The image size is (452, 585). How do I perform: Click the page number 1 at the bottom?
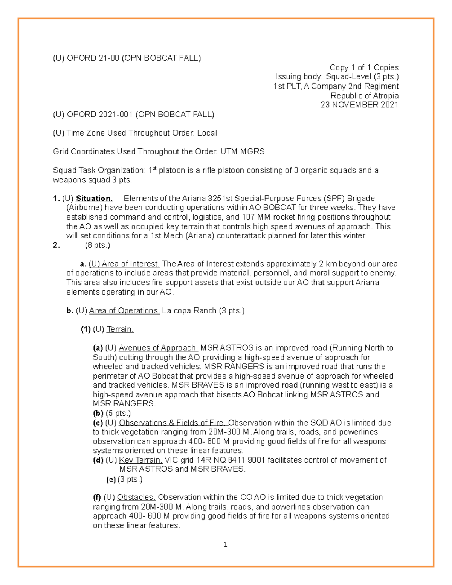pos(225,544)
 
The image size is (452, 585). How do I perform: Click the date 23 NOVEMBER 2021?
pos(359,105)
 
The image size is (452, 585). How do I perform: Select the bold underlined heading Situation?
pos(94,199)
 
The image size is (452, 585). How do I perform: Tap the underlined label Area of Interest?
pos(124,264)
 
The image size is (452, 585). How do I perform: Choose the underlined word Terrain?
pos(120,329)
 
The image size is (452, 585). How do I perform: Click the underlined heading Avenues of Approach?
pos(158,348)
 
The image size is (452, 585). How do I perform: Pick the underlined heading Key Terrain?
pos(141,460)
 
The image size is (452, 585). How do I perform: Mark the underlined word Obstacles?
pos(136,497)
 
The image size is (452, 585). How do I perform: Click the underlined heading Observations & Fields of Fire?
pos(173,423)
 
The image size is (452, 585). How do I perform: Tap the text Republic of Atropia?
pos(364,96)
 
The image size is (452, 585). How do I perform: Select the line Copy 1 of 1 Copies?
pos(364,67)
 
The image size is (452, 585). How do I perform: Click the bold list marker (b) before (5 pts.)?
pos(98,413)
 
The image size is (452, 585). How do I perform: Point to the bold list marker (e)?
pos(111,480)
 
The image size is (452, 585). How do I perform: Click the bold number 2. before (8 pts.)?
pos(56,245)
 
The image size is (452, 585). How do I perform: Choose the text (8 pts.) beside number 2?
pos(97,245)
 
